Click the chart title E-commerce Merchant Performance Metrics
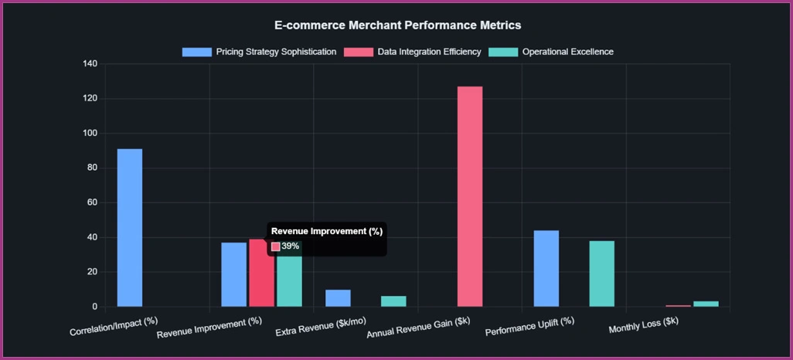[x=397, y=25]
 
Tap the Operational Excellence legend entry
[x=554, y=52]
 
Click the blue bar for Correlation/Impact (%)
[x=129, y=227]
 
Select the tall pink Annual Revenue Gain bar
[x=470, y=196]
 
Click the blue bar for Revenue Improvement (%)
[x=233, y=274]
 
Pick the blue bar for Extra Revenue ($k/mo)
[x=338, y=298]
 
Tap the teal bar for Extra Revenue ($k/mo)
[x=393, y=301]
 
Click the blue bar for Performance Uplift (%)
[x=546, y=268]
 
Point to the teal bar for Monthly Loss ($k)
[x=706, y=304]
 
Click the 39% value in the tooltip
[x=290, y=246]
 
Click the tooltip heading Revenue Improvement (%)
[x=327, y=231]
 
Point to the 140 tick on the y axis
[x=90, y=64]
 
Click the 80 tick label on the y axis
[x=92, y=168]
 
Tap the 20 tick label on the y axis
[x=92, y=272]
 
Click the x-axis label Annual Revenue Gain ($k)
[x=418, y=328]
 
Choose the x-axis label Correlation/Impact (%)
[x=114, y=326]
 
